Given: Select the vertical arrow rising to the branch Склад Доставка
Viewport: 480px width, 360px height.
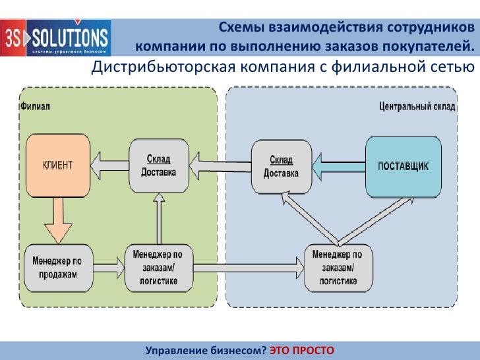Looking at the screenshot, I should pyautogui.click(x=158, y=219).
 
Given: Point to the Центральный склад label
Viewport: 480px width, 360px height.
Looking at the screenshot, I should pyautogui.click(x=417, y=106).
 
